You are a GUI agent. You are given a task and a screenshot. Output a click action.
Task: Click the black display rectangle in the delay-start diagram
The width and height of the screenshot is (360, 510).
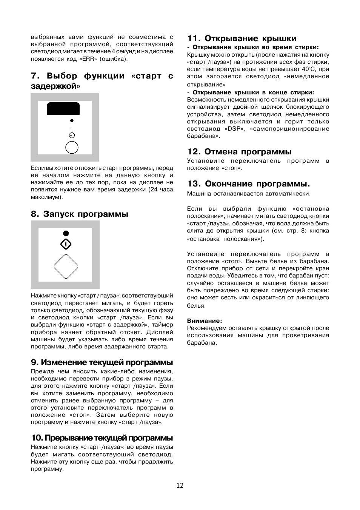[63, 108]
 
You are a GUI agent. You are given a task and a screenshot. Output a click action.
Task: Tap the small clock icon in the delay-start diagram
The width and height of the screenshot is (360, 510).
[72, 135]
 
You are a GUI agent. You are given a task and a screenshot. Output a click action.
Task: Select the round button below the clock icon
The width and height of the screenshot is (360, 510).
[72, 147]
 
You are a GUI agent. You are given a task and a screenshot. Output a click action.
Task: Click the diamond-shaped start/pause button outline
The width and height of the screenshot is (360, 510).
[66, 267]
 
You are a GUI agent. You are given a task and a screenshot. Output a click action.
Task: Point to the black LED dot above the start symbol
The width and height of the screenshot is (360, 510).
[66, 233]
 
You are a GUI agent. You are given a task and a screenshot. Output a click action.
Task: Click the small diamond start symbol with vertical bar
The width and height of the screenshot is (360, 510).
[66, 244]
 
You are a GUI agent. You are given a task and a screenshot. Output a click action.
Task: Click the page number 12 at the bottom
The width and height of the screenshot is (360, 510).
[180, 485]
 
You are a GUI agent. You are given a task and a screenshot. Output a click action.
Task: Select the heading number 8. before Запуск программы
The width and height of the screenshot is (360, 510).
[35, 214]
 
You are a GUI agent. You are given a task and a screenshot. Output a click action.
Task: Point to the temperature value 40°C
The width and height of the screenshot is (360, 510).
[308, 69]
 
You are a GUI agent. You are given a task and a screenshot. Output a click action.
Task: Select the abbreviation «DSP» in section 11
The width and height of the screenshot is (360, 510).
[233, 129]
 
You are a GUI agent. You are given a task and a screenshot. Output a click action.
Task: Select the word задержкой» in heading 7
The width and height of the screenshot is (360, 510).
[56, 86]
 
